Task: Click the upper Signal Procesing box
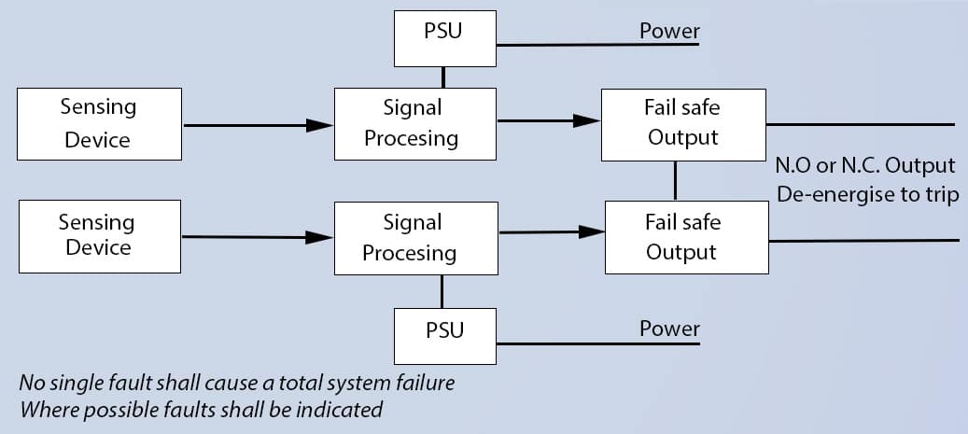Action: coord(412,123)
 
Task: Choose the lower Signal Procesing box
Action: coord(412,238)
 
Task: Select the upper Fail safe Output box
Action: coord(682,123)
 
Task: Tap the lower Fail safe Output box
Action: coord(686,237)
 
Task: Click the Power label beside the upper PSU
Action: coord(669,31)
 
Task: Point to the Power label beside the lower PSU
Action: coord(669,329)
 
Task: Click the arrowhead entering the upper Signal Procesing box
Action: coord(321,125)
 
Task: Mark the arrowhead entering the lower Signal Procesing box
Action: coord(321,238)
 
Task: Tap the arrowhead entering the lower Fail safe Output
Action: coord(591,231)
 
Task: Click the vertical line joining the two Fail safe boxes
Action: coord(675,180)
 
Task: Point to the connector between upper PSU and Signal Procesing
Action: coord(442,77)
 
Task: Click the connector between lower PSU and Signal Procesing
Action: coord(442,293)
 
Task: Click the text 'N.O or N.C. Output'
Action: coord(865,166)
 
